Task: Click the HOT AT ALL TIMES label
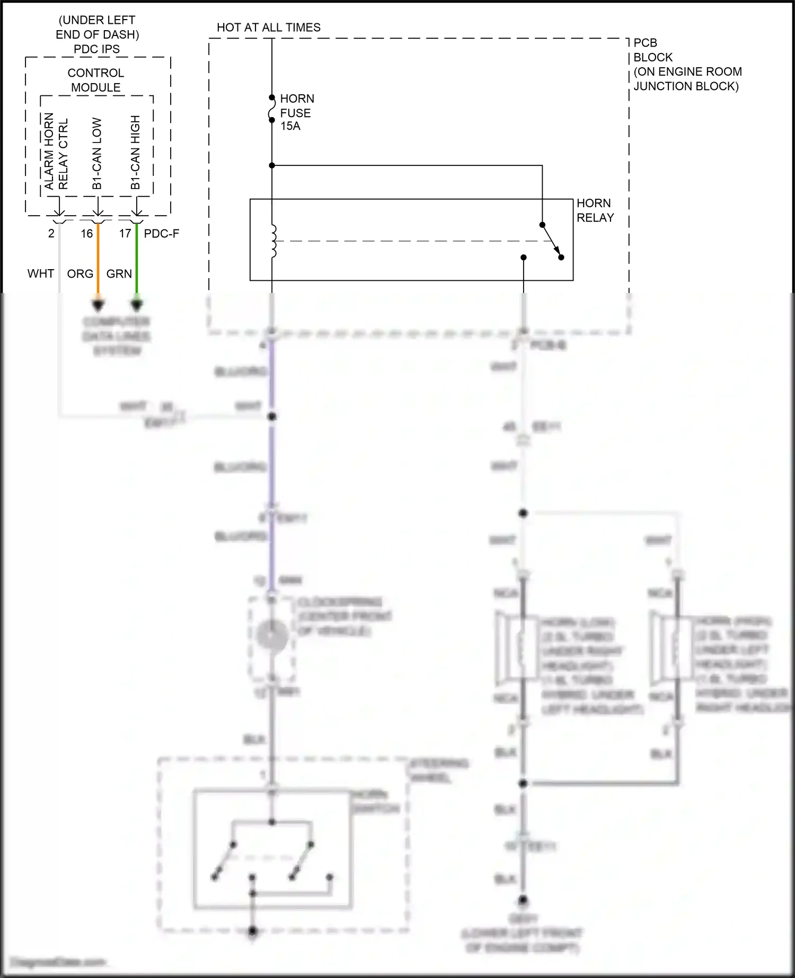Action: click(269, 28)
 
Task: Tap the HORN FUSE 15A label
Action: click(296, 112)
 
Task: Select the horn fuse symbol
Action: click(272, 109)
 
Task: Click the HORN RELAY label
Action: click(595, 210)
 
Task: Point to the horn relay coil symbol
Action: click(273, 242)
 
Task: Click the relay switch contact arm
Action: click(552, 241)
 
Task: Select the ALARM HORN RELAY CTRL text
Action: click(56, 152)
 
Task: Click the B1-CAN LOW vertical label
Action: click(97, 154)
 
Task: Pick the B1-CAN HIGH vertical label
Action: click(136, 153)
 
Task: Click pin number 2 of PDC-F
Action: click(51, 234)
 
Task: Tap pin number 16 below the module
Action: click(87, 234)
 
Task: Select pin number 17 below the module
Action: click(125, 234)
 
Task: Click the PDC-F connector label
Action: click(162, 234)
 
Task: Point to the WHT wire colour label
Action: click(41, 274)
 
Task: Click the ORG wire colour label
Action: click(80, 274)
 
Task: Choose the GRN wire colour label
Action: click(119, 274)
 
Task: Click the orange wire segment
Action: click(98, 260)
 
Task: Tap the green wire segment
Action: click(137, 260)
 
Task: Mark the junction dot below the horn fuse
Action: click(272, 166)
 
